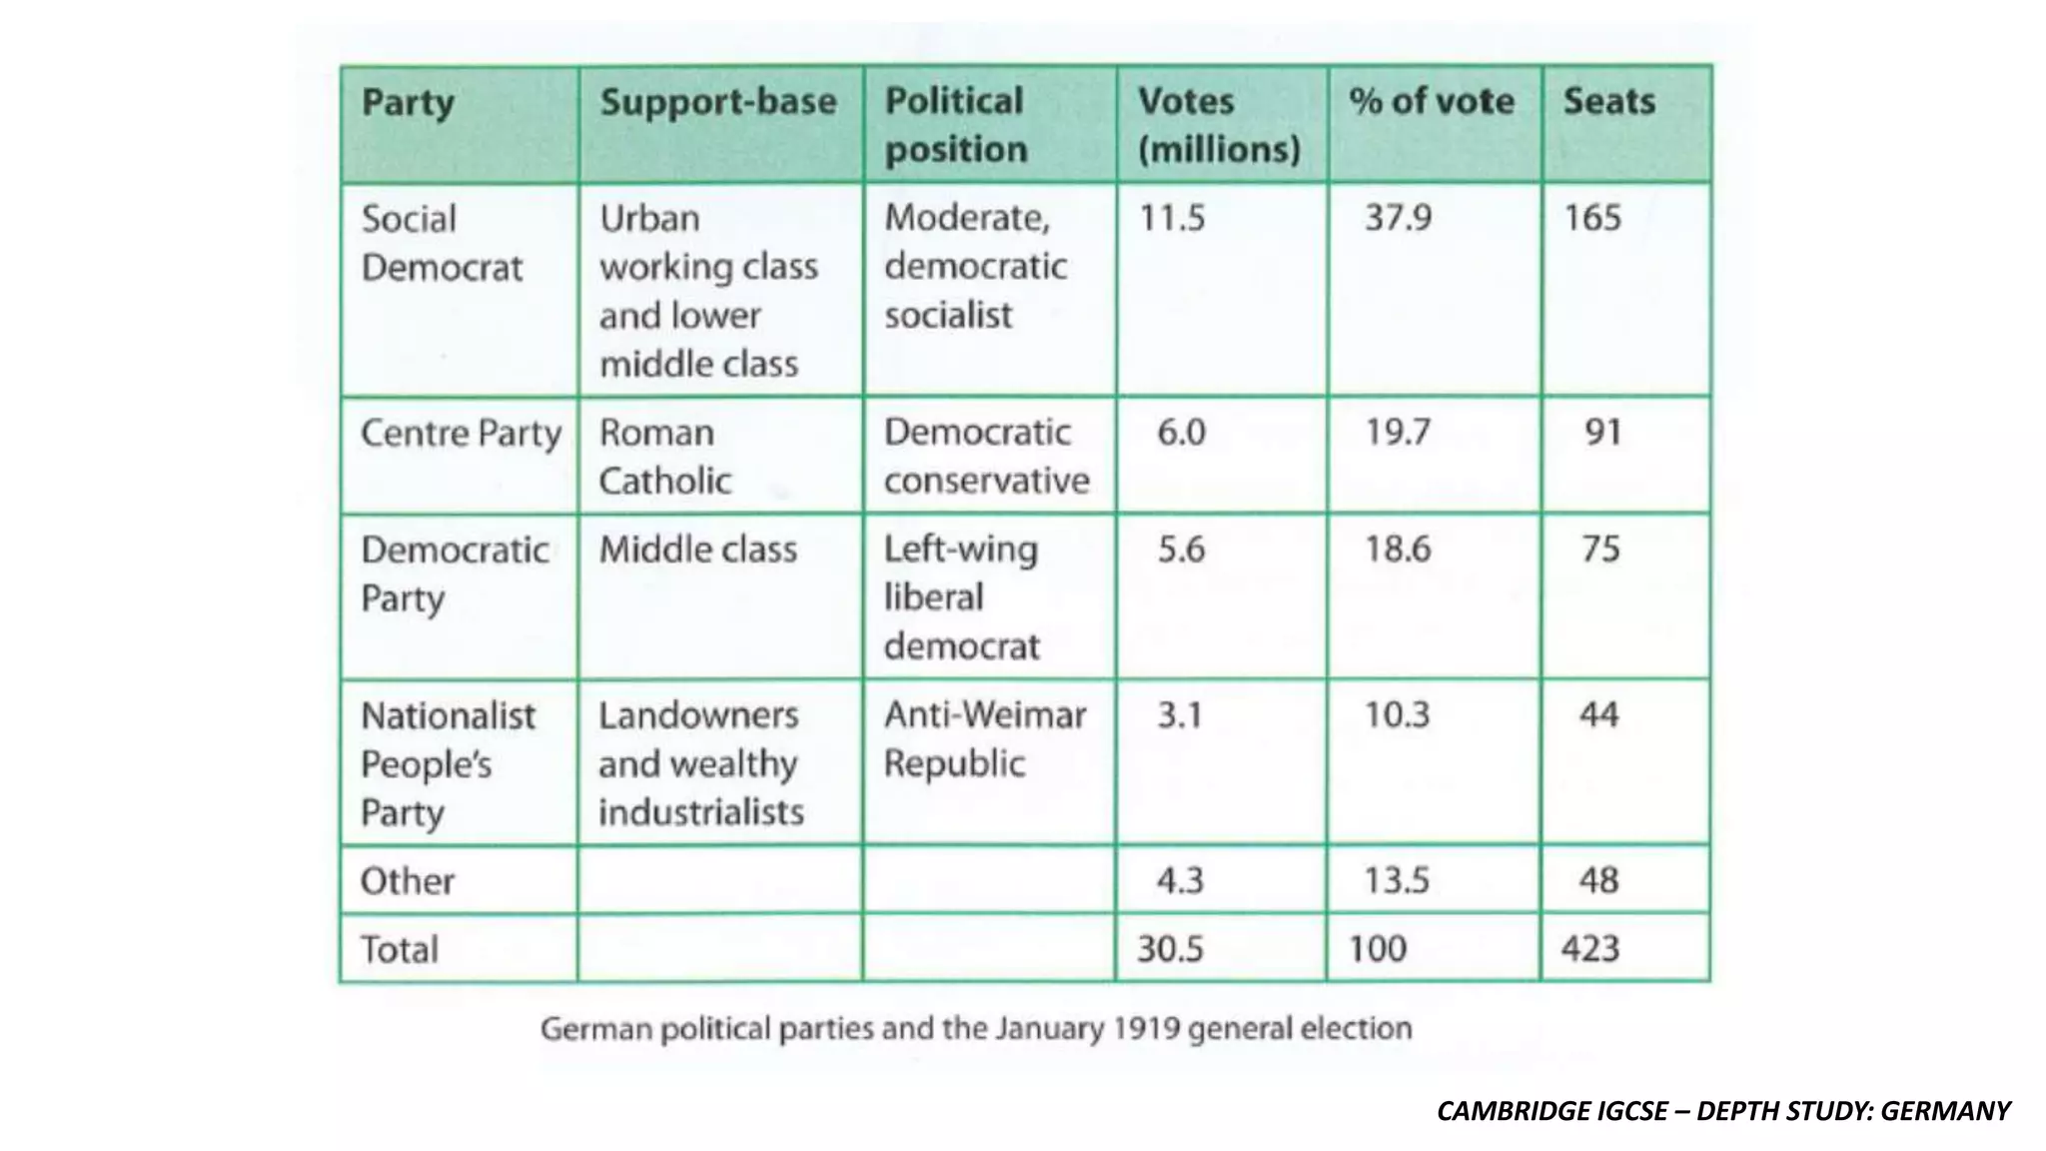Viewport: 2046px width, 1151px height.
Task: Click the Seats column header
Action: pos(1608,102)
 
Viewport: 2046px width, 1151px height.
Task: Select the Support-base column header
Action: pos(717,102)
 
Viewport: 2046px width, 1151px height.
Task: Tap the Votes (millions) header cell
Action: pos(1219,125)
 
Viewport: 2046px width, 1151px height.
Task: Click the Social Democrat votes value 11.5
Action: pos(1172,218)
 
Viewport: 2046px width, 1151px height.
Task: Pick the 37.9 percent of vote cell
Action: pos(1398,218)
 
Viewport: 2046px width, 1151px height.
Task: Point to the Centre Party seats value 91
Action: pos(1602,432)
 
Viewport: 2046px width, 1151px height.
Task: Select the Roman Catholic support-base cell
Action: pos(664,457)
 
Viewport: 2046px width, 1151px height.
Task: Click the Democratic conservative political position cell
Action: pos(986,457)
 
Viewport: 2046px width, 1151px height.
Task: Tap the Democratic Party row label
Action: pos(455,574)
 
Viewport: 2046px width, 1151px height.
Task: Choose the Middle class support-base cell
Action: pos(697,550)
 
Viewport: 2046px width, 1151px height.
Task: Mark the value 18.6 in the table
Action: pos(1398,550)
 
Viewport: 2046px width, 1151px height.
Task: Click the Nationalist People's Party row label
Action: pos(448,764)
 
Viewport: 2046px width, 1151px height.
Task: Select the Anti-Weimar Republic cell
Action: pos(984,739)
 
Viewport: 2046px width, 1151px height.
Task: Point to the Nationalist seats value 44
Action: pos(1598,715)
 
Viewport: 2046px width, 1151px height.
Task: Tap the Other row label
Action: pos(407,881)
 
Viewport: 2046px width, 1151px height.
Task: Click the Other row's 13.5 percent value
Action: pos(1397,881)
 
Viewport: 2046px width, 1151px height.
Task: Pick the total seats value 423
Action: pos(1589,948)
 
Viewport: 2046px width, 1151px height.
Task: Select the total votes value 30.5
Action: pos(1170,948)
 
